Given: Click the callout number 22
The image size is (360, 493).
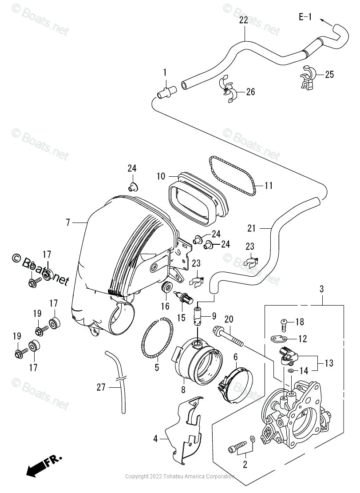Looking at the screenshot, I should tap(244, 20).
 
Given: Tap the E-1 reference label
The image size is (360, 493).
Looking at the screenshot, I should tap(305, 17).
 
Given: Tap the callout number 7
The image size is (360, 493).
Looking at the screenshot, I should tap(68, 222).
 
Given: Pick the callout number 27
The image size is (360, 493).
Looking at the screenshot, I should tap(101, 387).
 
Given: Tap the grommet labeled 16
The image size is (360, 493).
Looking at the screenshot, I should tap(167, 287).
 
